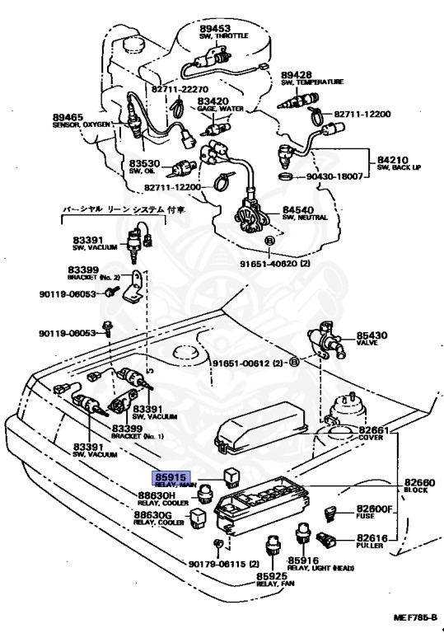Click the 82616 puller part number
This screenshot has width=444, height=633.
[376, 536]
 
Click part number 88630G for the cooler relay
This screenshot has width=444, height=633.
[154, 514]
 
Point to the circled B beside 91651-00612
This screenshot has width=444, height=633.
[294, 362]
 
